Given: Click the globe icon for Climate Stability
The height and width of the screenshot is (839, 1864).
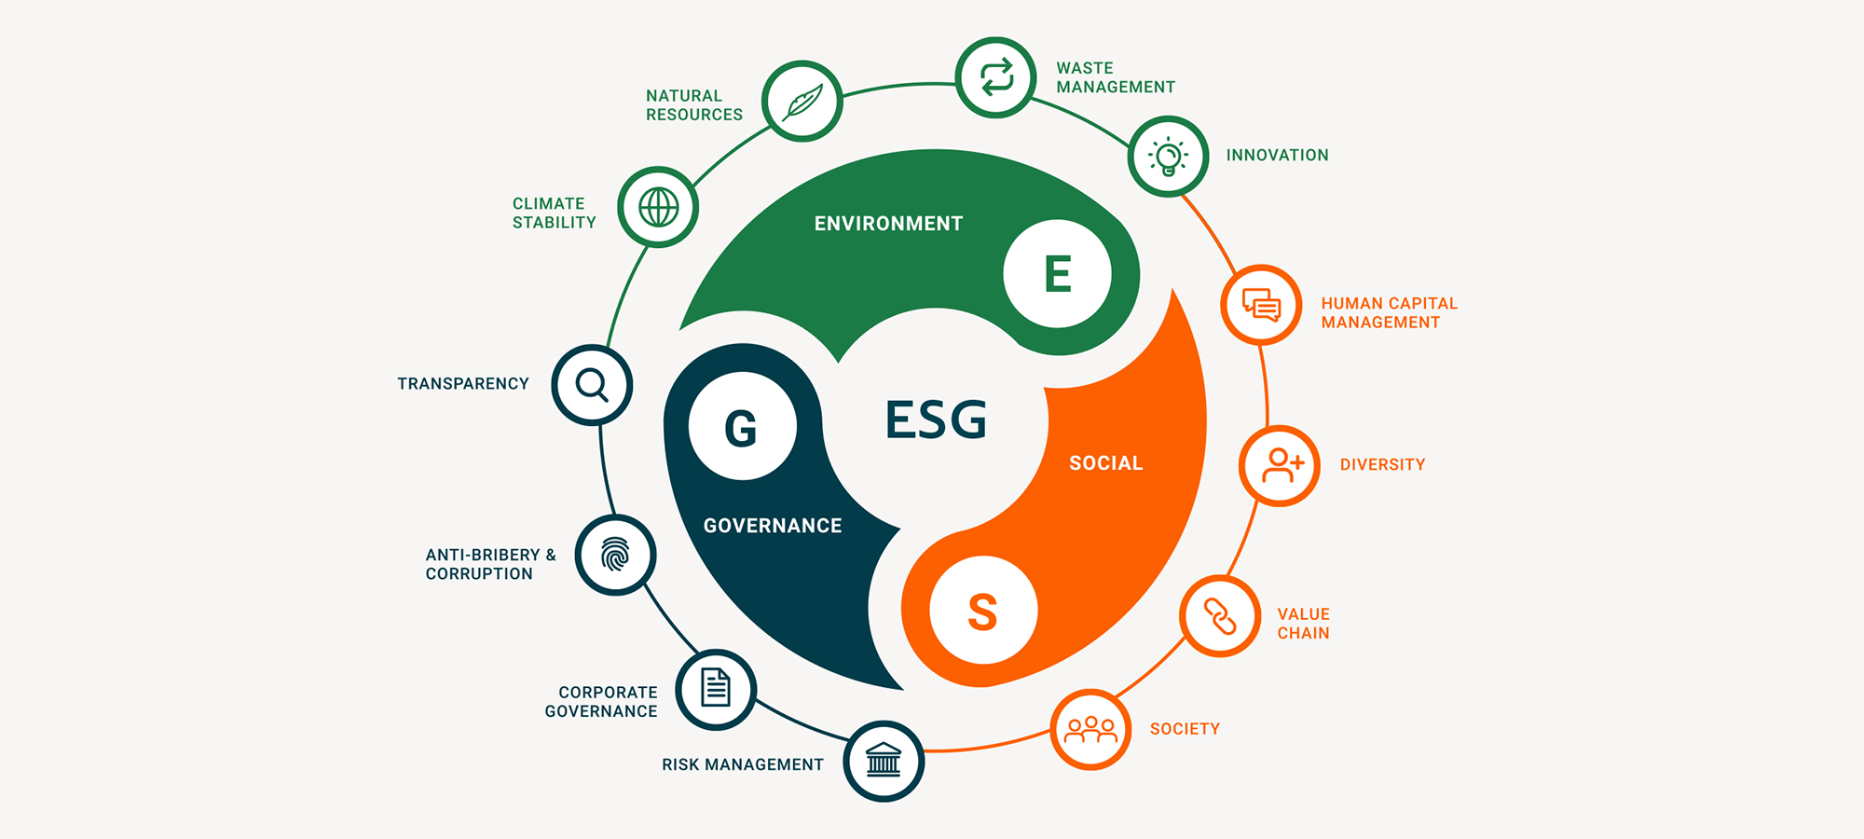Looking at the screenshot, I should pos(658,207).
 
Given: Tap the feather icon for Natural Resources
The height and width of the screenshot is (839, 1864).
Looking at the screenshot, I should pos(802,101).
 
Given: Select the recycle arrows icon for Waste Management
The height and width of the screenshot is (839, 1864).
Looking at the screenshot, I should pos(995,77).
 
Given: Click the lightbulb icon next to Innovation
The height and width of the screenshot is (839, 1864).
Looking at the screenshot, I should pos(1168,156).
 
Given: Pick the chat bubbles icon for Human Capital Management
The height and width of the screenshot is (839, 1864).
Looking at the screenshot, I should pos(1261,305).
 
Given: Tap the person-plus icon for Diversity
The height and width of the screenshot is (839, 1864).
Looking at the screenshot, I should pos(1280,465).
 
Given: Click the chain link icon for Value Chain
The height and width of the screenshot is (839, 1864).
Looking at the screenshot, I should pos(1220,616).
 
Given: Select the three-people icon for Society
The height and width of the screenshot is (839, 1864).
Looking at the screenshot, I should pos(1090,729).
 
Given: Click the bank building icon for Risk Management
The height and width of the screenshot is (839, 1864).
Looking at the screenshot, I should pos(884,761).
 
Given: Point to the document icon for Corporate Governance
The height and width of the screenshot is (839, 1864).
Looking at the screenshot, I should pos(716,689).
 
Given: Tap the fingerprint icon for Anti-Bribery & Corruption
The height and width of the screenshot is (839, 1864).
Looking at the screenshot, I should pos(615,555).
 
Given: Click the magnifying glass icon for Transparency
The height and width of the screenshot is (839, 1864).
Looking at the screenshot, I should pos(592,385).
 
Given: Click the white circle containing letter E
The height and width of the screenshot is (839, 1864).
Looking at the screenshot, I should pos(1057,274).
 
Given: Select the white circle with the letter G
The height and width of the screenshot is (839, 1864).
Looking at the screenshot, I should pos(742,427).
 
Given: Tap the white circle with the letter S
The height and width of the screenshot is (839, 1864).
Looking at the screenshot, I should pos(983,611).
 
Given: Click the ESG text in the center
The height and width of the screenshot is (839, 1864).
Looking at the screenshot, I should pos(936,419).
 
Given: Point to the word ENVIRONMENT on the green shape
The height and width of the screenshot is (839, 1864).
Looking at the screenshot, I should pos(888,224).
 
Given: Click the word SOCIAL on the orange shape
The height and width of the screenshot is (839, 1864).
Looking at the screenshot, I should pos(1105,463).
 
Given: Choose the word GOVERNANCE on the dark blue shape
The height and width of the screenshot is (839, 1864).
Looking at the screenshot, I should pos(773,526).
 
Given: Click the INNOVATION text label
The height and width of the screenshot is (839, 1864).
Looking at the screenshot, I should pos(1277,156).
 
